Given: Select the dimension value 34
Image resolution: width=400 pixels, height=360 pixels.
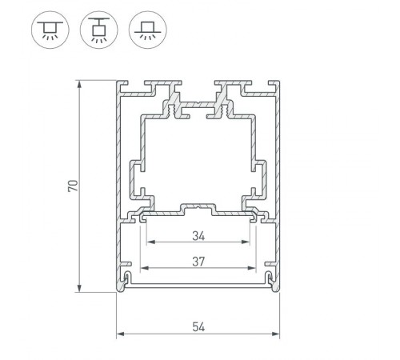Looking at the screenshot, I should [198, 236].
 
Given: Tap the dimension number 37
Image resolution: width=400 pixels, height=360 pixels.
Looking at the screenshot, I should [198, 261].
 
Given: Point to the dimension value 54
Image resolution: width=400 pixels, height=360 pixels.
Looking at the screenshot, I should [198, 326].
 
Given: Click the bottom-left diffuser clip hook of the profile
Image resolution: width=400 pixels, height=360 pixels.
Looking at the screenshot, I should [128, 277].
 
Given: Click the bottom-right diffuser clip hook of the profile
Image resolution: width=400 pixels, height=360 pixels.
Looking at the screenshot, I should [269, 277].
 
